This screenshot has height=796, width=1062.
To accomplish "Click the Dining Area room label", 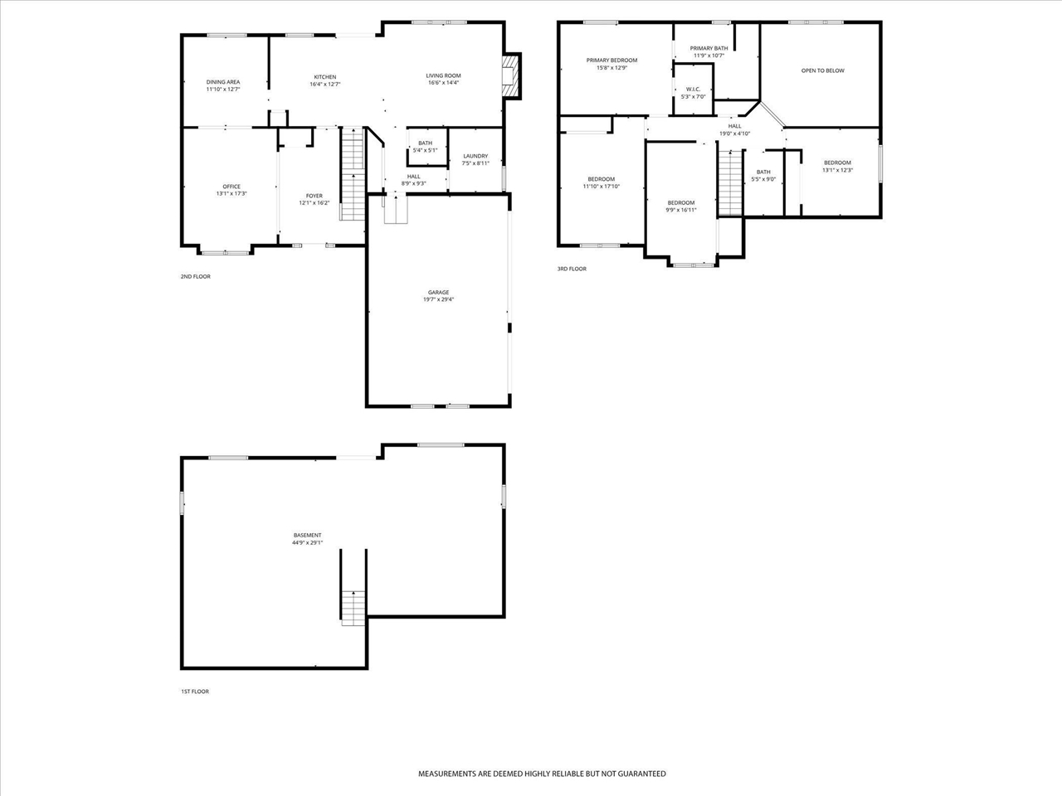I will point(223,82).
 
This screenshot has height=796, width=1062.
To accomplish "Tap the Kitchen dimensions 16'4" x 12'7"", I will point(324,85).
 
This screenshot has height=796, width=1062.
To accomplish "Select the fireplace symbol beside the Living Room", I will point(512,75).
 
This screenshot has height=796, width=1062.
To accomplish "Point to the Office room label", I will point(231,186).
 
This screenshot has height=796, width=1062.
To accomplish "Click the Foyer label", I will point(314,196).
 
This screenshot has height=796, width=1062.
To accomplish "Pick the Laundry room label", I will point(475,156).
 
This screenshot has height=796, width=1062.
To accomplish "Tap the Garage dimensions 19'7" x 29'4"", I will point(438,299).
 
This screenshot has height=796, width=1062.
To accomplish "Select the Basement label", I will point(307,535).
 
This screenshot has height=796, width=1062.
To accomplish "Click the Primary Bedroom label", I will point(611,60).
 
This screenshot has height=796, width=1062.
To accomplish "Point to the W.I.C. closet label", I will point(693,89).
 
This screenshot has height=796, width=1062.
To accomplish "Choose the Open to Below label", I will point(822,70).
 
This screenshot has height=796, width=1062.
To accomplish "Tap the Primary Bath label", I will point(709,48).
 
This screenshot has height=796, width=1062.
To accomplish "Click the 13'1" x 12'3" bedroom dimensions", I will point(837,170).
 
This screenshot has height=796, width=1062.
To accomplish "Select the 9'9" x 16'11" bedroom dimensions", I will point(681,210).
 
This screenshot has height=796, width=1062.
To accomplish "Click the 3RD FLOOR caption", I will point(572,269).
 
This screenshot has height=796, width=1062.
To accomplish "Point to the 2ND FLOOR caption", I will point(196,276).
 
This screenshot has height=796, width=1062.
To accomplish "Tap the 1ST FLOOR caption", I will point(195,691).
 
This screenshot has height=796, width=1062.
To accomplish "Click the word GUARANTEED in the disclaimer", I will point(640,774).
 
